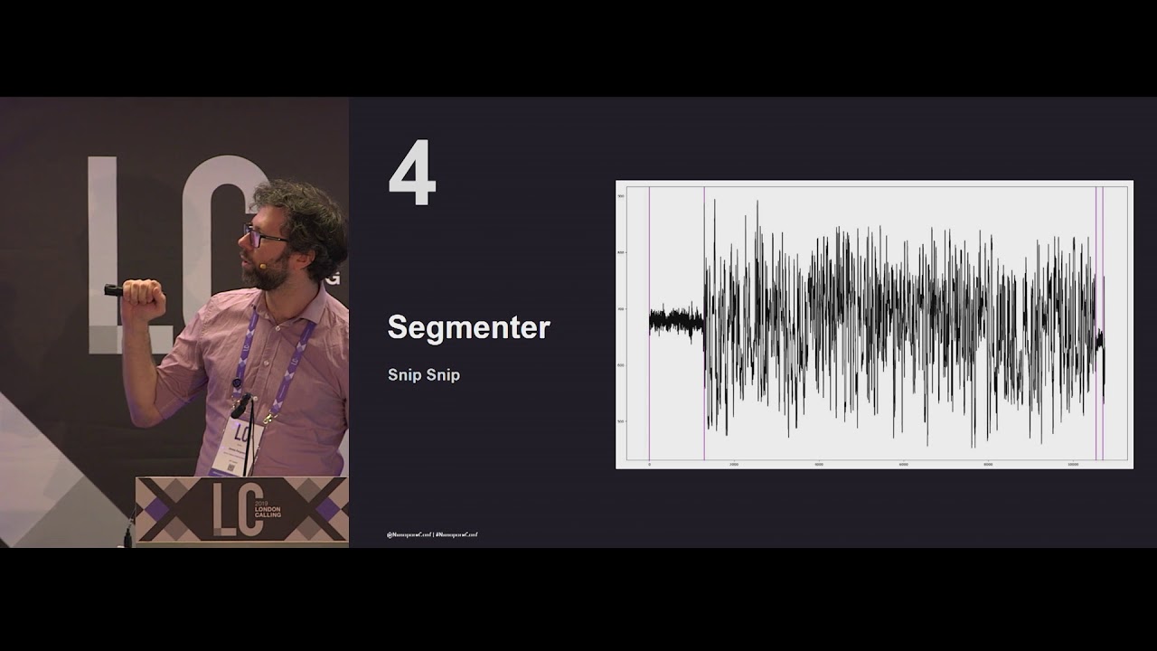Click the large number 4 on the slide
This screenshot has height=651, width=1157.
pos(412,176)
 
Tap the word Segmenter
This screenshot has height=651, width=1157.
pos(468,327)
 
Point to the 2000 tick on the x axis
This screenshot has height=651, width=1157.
pos(733,465)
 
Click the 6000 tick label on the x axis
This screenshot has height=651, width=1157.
pos(903,465)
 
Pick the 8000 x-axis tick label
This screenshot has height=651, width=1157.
pos(988,465)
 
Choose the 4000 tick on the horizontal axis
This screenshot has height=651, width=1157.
pos(818,465)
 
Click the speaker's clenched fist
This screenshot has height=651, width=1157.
pos(143,297)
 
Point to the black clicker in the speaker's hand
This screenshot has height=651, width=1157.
pos(113,290)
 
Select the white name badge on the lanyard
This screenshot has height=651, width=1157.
pos(237,445)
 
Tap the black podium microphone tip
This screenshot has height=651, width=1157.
pos(240,405)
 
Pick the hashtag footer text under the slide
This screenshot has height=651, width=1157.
pos(432,535)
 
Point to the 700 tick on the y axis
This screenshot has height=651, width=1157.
pos(621,309)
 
